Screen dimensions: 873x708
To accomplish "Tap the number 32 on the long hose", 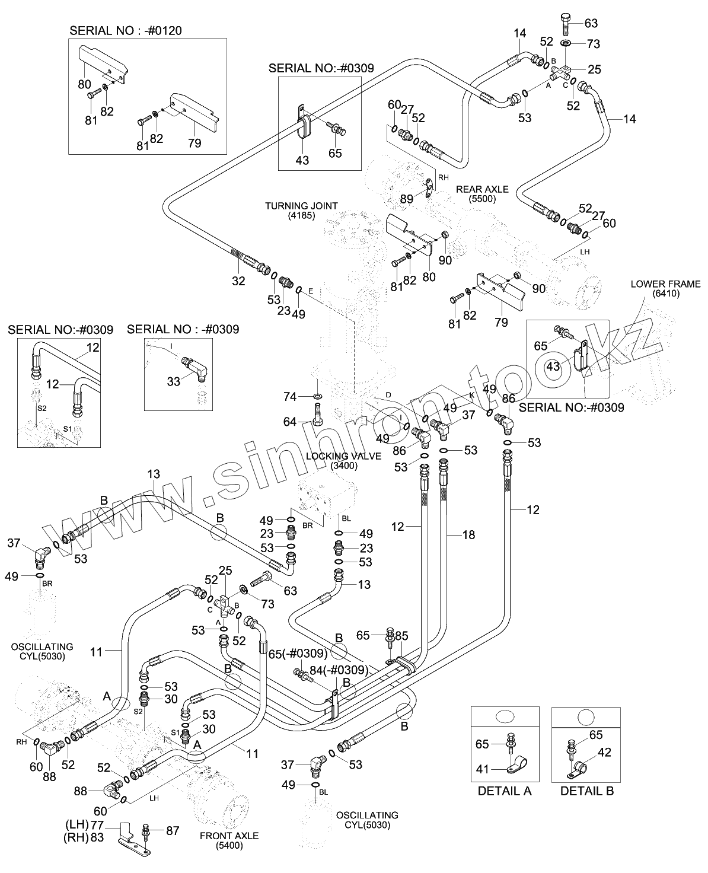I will pyautogui.click(x=238, y=281).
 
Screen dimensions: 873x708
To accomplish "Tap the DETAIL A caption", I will pyautogui.click(x=505, y=791).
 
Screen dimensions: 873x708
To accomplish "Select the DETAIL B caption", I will pyautogui.click(x=587, y=791).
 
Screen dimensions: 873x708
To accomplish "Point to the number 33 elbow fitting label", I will pyautogui.click(x=173, y=381).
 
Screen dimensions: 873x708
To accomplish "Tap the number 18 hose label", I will pyautogui.click(x=468, y=536).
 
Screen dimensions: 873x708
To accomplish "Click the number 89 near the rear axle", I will pyautogui.click(x=406, y=199).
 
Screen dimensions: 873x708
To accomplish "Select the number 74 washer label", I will pyautogui.click(x=289, y=397).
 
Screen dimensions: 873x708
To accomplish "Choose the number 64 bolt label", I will pyautogui.click(x=289, y=422).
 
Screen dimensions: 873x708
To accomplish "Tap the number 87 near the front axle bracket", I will pyautogui.click(x=173, y=831).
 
